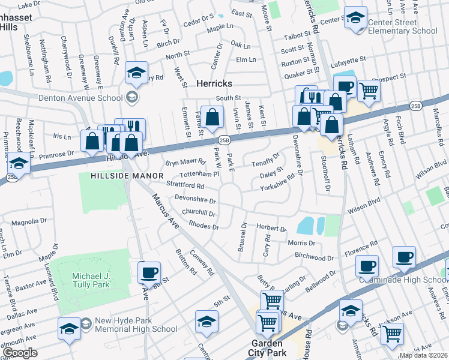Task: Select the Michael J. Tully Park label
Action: point(91,280)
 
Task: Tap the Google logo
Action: point(20,353)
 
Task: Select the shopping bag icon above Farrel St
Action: point(211,117)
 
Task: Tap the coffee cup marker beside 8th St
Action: point(149,272)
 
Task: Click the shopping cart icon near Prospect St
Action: point(369,91)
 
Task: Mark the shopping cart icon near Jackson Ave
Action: point(392,333)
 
